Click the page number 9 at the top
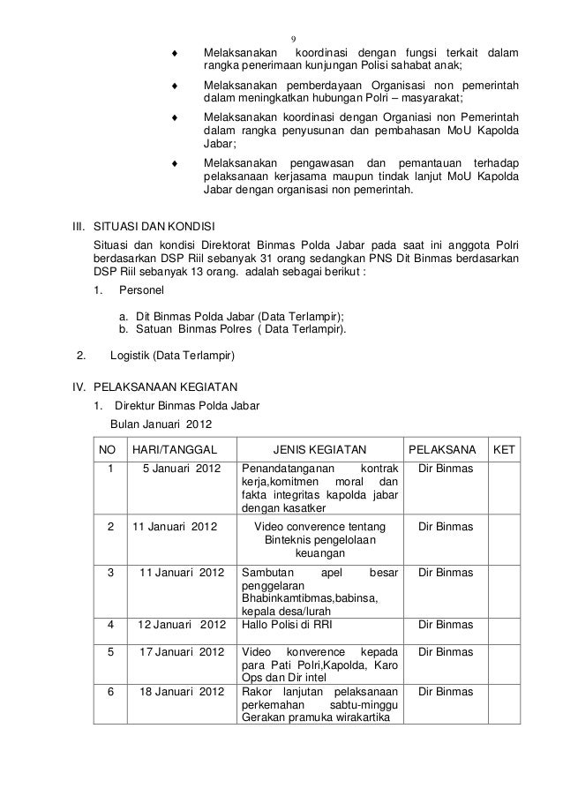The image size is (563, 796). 294,39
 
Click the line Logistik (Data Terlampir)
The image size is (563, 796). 169,357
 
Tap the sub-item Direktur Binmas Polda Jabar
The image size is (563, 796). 176,406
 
